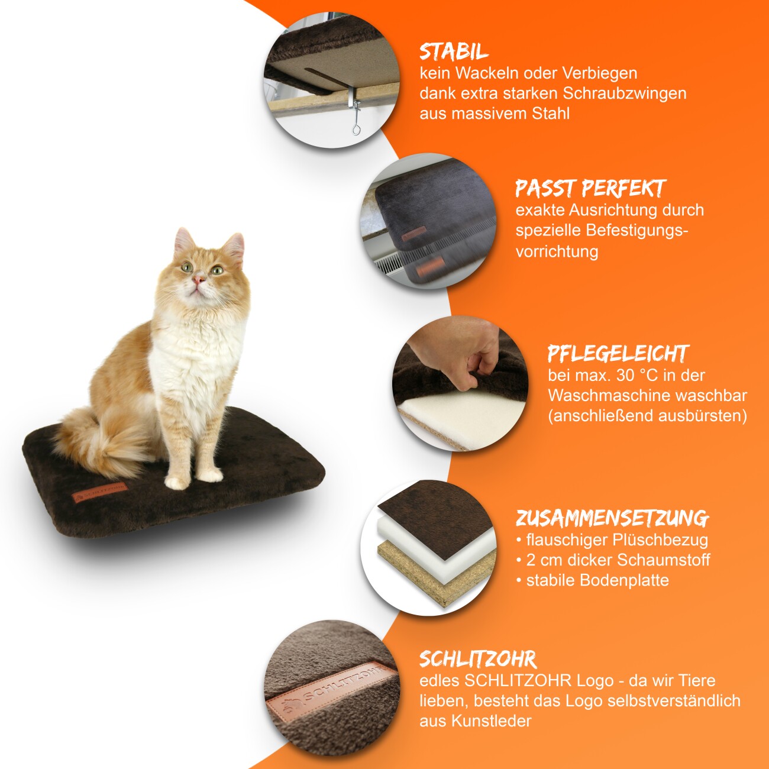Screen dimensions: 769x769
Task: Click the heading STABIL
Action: pos(454,52)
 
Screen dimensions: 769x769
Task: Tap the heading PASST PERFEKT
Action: pos(590,189)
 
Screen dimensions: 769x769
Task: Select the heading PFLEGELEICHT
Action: pos(618,354)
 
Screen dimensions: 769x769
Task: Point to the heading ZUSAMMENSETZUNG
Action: pos(612,518)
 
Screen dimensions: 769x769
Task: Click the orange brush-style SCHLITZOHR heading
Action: pos(478,660)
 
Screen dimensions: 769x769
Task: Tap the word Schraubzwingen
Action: pos(625,94)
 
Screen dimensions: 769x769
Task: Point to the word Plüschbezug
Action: pos(661,541)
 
